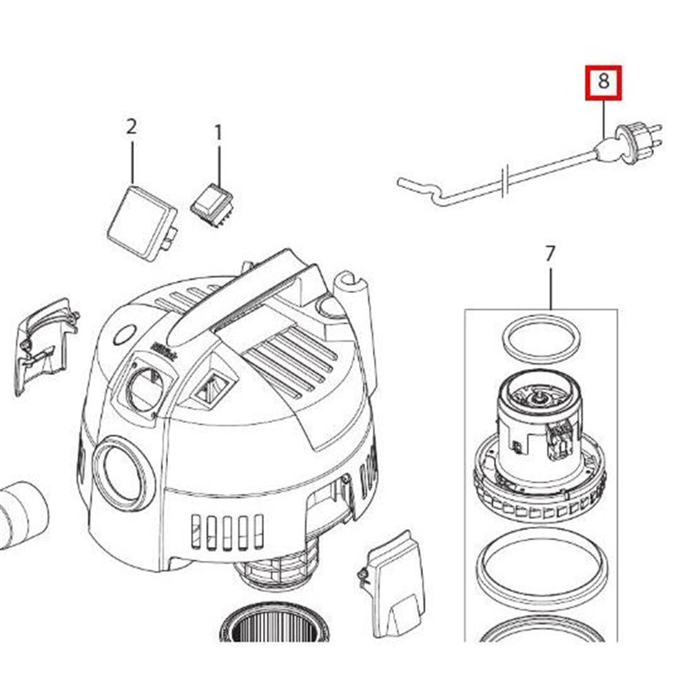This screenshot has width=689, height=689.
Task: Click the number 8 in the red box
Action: pos(604,82)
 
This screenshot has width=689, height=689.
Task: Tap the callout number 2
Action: pos(131,127)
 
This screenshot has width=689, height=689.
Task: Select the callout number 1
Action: pos(218,132)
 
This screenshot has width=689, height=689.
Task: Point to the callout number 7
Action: pos(549,254)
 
